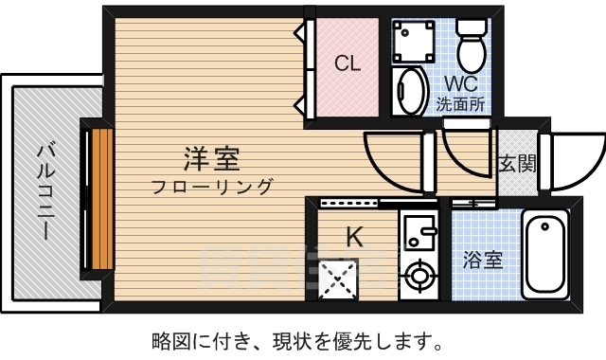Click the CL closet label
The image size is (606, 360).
click(x=348, y=64)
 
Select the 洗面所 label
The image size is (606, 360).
click(x=460, y=104)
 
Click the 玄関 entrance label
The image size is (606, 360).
click(x=517, y=163)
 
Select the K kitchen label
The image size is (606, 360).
click(x=353, y=236)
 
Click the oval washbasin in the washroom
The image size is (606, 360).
click(x=409, y=91)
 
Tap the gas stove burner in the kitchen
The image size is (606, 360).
click(x=417, y=278)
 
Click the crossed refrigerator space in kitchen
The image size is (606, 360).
click(x=336, y=278)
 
